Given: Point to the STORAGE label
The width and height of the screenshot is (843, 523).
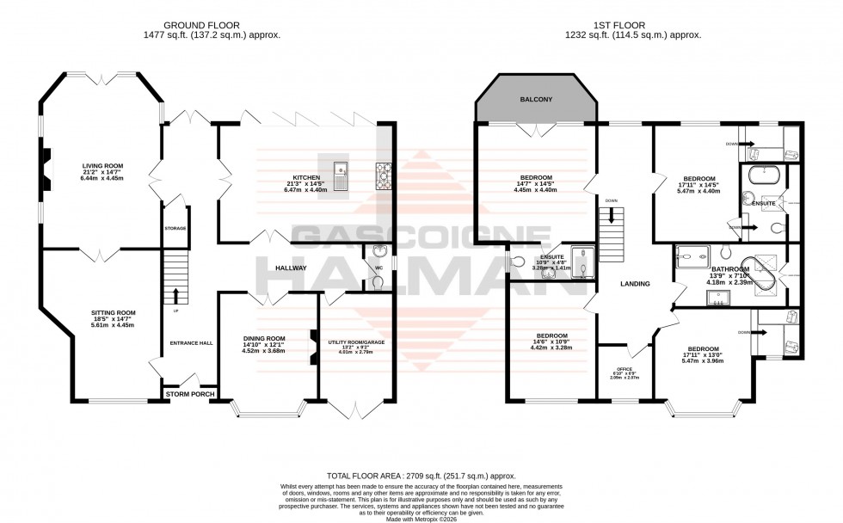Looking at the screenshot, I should [175, 228].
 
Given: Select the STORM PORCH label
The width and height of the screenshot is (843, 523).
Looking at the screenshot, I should [189, 395].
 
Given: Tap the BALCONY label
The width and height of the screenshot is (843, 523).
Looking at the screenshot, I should [536, 101].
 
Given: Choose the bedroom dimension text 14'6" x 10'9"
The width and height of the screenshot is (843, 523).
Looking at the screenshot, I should [551, 341].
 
